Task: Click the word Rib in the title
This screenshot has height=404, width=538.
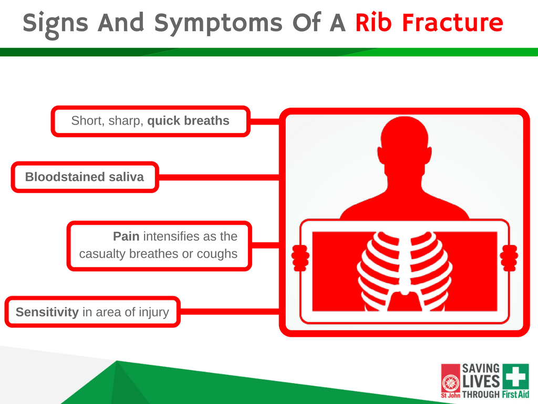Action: tap(374, 23)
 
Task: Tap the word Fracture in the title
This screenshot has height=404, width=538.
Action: tap(452, 23)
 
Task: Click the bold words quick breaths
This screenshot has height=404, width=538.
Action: tap(189, 120)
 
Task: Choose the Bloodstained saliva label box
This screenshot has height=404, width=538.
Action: tap(85, 177)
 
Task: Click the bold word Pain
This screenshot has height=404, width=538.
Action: tap(126, 236)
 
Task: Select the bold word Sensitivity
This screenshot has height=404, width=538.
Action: tap(47, 312)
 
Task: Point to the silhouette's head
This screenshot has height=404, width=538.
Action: tap(405, 142)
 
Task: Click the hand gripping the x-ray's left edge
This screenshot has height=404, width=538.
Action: tap(300, 258)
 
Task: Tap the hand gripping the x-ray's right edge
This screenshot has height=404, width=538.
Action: tap(509, 258)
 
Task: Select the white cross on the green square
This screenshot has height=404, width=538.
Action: tap(516, 376)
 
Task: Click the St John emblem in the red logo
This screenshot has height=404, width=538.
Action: tap(450, 383)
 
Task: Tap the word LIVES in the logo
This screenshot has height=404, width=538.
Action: tap(481, 382)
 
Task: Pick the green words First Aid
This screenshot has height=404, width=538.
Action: tap(515, 394)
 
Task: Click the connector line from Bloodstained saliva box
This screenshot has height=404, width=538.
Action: tap(219, 177)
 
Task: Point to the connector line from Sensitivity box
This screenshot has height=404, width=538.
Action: tap(230, 311)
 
